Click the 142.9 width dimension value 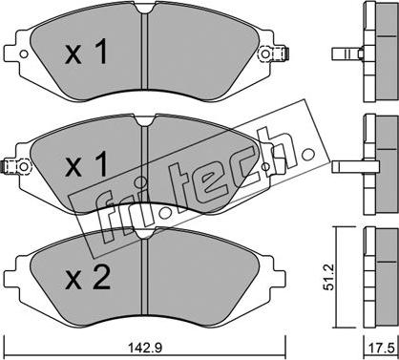(145, 347)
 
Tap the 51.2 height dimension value (329, 277)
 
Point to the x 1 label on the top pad (86, 53)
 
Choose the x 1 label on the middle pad (86, 164)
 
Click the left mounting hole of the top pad (24, 54)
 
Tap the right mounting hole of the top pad (265, 53)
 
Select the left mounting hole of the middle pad (24, 166)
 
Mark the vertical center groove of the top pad (145, 51)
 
